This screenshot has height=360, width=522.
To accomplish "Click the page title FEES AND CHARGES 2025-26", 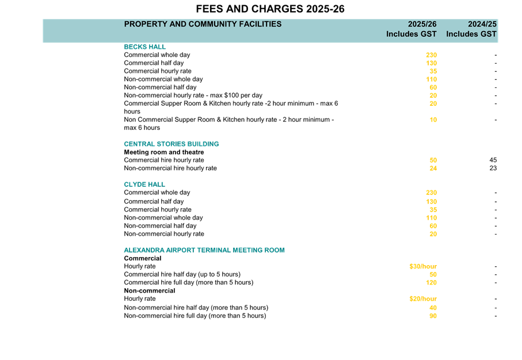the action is (270, 9).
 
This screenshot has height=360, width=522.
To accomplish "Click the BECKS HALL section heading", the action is (145, 47).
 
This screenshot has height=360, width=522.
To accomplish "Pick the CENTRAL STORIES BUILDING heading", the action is (172, 144).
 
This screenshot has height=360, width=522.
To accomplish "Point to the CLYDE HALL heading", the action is (144, 185).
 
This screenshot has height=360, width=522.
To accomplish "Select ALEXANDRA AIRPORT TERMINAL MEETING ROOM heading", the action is (204, 250).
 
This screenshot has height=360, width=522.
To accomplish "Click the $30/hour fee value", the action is (423, 266).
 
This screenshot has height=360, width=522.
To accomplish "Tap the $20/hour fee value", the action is (423, 299).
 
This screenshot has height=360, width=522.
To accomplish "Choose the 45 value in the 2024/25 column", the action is (493, 160).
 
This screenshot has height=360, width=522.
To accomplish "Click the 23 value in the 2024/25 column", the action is (493, 168).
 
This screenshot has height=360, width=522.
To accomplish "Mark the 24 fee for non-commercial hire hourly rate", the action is (433, 168).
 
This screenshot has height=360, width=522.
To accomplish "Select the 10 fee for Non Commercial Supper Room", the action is (433, 120).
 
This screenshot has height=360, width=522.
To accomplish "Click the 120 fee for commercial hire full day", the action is (431, 282).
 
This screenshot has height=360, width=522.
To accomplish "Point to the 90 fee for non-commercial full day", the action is (433, 316).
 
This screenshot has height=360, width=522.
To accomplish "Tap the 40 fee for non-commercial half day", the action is (433, 308).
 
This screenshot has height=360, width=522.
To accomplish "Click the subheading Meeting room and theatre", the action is (164, 152).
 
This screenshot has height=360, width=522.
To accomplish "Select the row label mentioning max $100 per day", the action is (193, 95).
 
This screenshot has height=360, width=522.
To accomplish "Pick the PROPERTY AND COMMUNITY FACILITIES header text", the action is (203, 24).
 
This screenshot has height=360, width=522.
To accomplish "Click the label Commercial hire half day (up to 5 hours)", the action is (182, 274).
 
